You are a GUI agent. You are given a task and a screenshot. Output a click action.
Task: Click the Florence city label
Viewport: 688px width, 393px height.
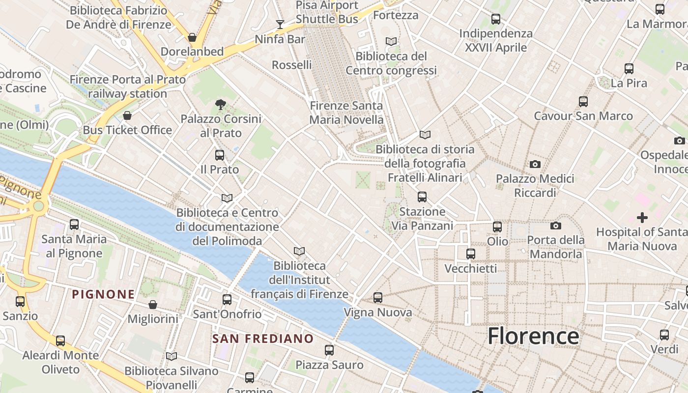tap(533, 337)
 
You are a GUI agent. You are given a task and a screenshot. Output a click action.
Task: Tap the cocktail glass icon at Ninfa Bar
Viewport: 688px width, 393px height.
tap(280, 24)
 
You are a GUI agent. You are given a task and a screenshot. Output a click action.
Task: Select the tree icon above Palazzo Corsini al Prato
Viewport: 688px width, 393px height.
tap(221, 104)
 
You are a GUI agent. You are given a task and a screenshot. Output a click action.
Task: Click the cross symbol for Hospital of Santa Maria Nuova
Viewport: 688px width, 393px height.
tap(642, 217)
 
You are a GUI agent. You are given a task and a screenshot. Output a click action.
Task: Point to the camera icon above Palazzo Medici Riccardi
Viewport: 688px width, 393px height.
tap(535, 164)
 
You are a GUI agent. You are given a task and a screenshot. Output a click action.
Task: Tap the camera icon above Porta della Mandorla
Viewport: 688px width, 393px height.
tap(556, 225)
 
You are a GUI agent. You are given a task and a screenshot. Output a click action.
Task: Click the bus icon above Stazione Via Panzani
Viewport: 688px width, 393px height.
tap(422, 197)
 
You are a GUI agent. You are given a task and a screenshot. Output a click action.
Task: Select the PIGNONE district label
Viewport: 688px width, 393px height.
tap(103, 294)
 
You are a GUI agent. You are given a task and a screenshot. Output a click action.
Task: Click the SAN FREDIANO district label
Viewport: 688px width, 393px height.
tap(262, 338)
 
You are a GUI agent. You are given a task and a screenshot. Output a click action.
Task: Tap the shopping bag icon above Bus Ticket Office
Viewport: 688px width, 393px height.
tap(127, 115)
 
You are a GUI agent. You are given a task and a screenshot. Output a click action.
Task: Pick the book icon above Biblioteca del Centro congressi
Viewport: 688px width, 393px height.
tap(391, 41)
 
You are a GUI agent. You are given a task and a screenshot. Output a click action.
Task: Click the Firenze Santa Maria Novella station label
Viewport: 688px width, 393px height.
tap(346, 112)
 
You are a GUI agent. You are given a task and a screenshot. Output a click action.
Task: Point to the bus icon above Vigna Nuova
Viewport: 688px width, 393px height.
tap(377, 298)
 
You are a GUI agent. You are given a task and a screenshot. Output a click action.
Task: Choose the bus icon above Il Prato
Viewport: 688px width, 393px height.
tap(220, 155)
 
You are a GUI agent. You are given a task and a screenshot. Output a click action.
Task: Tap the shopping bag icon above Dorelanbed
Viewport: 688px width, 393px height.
tap(192, 37)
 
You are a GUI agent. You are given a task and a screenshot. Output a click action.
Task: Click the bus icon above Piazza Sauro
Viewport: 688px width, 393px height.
tap(329, 350)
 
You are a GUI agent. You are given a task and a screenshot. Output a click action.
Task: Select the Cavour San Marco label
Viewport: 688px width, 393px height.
tap(583, 116)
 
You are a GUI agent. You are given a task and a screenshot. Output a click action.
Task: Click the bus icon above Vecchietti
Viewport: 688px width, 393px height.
tap(471, 254)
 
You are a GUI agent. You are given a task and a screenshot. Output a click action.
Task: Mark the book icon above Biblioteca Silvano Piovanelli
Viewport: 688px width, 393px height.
tap(171, 356)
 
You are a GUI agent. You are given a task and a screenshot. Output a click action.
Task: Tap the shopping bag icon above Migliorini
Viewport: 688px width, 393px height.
tap(153, 305)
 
